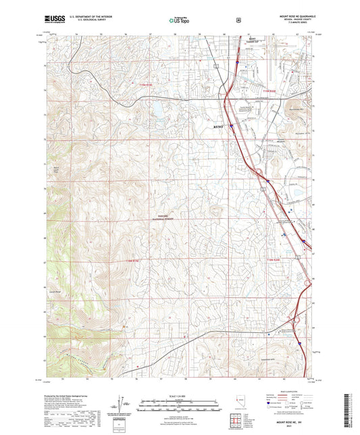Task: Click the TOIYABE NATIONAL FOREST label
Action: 161,218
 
